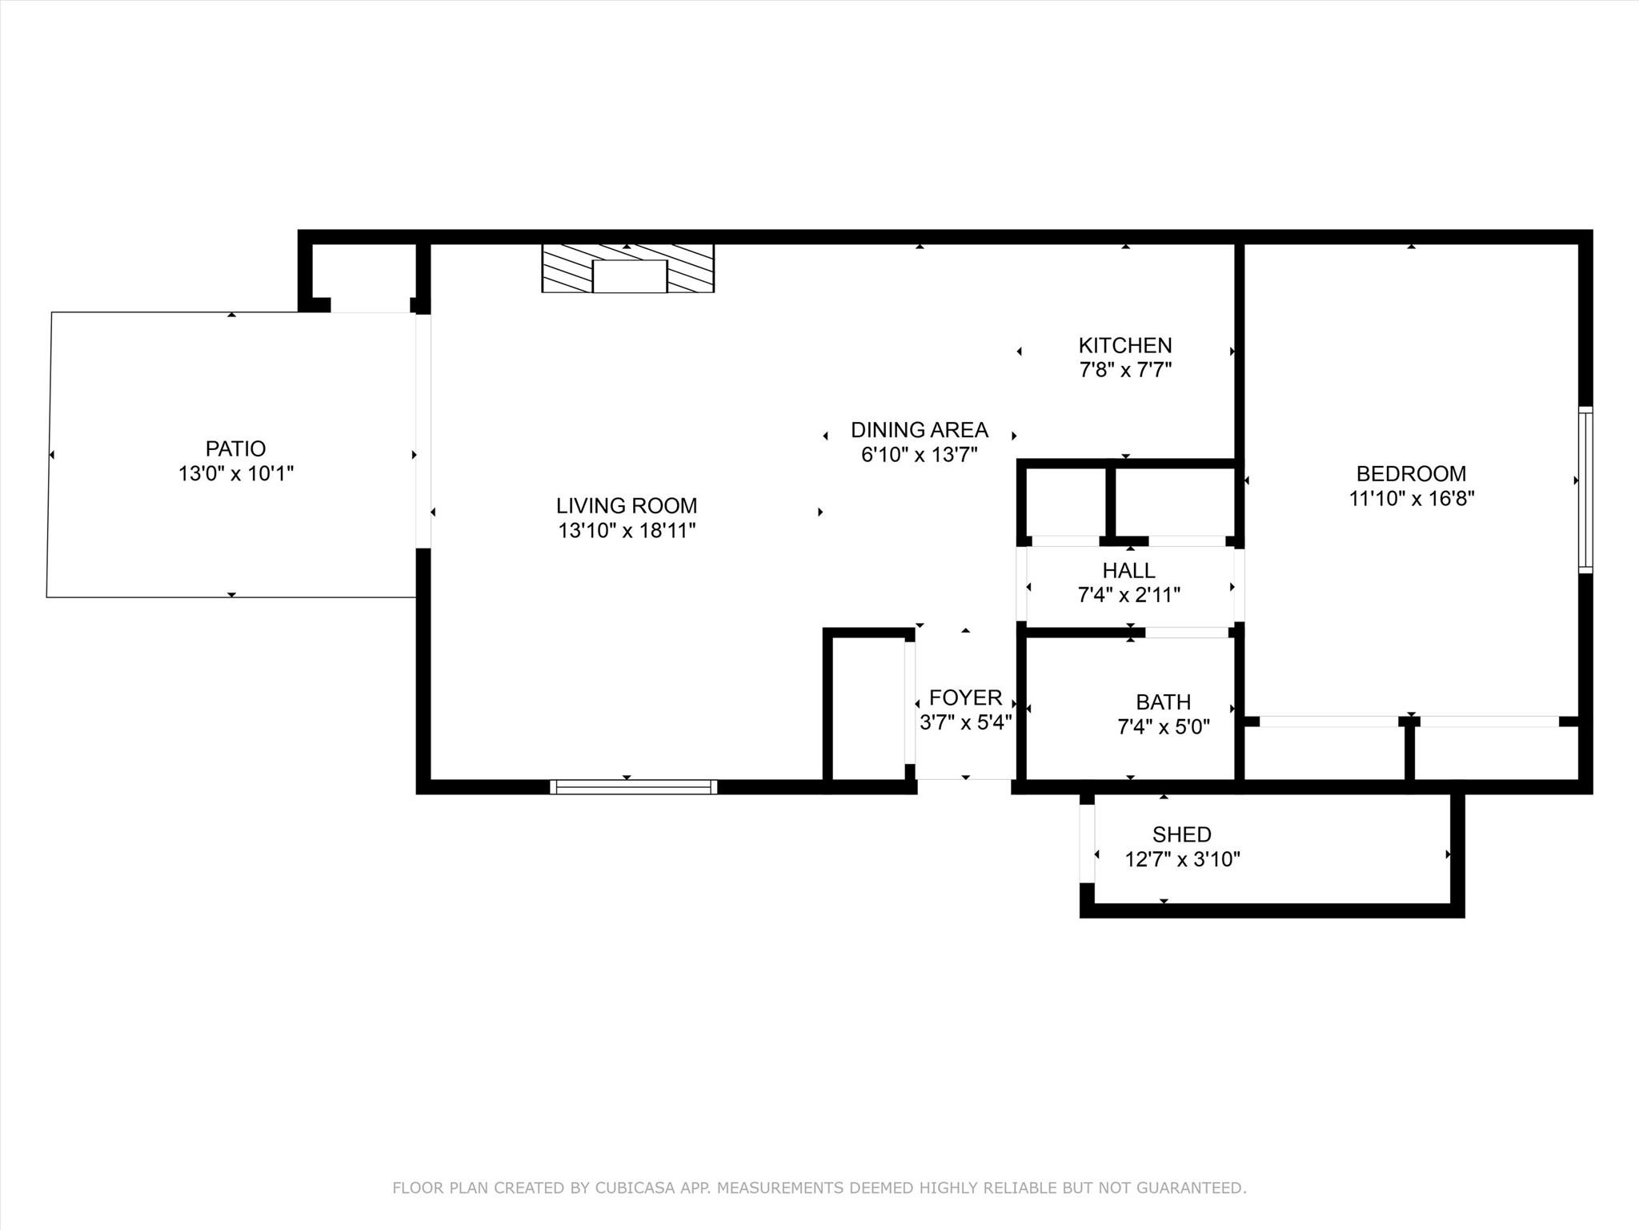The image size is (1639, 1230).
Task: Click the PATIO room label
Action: [235, 448]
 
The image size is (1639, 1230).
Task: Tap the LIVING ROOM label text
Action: [627, 505]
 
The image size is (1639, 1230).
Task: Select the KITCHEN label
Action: [1125, 345]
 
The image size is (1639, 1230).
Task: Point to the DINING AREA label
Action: [920, 429]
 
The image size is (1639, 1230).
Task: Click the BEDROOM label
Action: [1412, 473]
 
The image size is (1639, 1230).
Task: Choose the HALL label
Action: [1129, 570]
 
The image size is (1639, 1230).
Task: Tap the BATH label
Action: [1164, 701]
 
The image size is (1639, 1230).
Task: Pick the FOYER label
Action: [966, 697]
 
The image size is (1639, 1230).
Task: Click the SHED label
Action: [1182, 834]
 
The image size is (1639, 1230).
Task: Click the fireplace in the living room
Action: [628, 268]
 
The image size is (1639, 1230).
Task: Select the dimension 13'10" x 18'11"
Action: [627, 530]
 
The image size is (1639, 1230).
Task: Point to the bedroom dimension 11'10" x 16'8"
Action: [1412, 498]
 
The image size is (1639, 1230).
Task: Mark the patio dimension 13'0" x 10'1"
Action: [235, 473]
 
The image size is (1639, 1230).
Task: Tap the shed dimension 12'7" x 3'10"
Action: [1182, 859]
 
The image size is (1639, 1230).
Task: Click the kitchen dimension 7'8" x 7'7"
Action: [1125, 370]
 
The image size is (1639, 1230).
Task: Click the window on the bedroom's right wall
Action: [1585, 489]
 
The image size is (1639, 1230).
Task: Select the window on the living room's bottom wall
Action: [633, 787]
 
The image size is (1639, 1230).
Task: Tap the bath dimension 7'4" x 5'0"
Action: [1164, 726]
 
